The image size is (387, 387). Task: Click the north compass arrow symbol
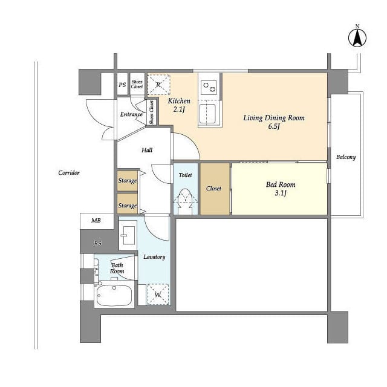[x=357, y=37]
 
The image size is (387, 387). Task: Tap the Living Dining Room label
[x=274, y=118]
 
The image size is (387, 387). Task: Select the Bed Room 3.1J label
[x=281, y=189]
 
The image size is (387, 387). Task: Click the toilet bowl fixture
[x=185, y=201]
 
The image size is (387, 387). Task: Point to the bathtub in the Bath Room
[x=114, y=296]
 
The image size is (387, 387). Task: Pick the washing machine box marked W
[x=158, y=294]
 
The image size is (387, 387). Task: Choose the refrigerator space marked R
[x=158, y=85]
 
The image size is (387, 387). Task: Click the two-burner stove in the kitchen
[x=209, y=87]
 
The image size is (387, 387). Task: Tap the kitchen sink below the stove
[x=207, y=114]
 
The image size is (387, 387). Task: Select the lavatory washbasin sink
[x=128, y=235]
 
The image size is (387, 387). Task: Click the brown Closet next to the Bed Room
[x=215, y=189]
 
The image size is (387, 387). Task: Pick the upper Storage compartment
[x=127, y=181]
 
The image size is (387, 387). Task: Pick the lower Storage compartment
[x=127, y=204]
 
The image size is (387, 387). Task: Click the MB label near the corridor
[x=96, y=220]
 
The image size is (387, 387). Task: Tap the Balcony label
[x=346, y=157]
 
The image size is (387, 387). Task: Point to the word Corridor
[x=69, y=172]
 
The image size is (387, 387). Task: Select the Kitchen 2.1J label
[x=179, y=105]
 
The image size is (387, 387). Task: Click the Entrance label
[x=131, y=114]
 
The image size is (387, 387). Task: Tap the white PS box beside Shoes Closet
[x=122, y=84]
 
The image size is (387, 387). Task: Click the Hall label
[x=147, y=150]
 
